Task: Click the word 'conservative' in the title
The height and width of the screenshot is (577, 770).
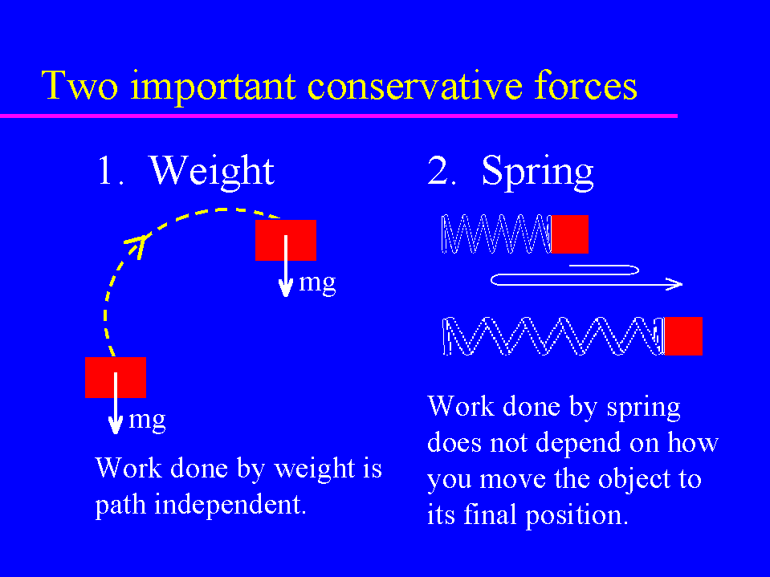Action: (x=414, y=86)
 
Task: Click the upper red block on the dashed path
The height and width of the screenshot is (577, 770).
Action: (x=286, y=240)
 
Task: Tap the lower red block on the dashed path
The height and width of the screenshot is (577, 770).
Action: (x=116, y=377)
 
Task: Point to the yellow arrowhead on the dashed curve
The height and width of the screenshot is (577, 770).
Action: (x=137, y=244)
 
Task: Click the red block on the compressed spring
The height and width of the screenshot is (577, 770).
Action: (x=569, y=234)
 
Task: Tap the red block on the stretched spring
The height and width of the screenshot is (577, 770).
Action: (x=683, y=336)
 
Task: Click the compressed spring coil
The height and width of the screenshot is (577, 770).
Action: (x=496, y=234)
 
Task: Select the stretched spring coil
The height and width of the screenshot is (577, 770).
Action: (x=553, y=336)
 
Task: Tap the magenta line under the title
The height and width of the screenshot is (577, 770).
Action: (x=339, y=116)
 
